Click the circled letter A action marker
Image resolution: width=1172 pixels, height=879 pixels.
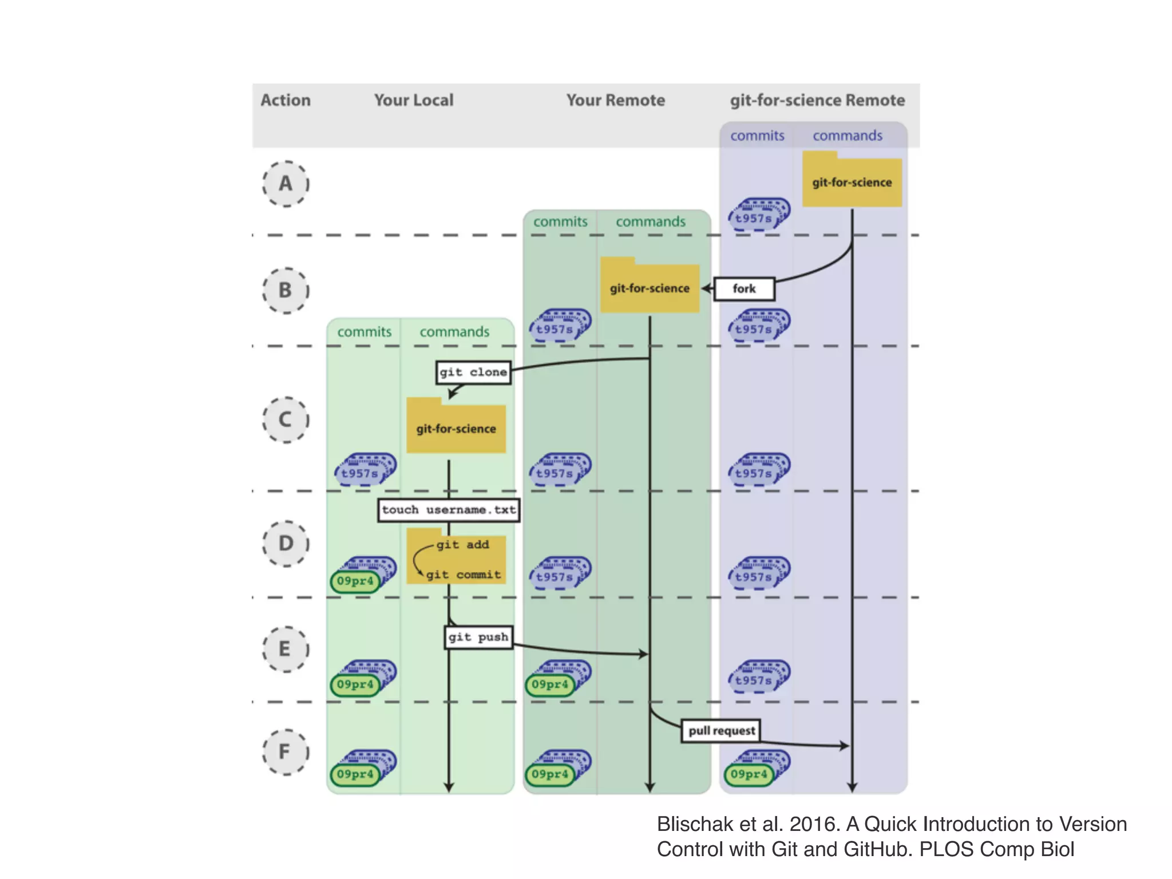(x=286, y=184)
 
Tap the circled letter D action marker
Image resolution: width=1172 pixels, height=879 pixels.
(x=286, y=543)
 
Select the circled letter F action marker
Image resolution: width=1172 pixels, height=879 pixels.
(x=286, y=752)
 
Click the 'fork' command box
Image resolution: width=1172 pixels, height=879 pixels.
(x=745, y=289)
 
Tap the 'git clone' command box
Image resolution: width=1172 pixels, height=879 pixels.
(x=473, y=373)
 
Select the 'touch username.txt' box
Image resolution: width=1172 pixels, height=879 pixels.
(x=449, y=510)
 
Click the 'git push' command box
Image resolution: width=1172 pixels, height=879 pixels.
(x=478, y=638)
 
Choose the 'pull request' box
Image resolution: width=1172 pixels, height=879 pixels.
(x=721, y=731)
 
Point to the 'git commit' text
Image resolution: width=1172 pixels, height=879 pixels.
(x=464, y=575)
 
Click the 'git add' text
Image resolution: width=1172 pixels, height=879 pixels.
(x=462, y=545)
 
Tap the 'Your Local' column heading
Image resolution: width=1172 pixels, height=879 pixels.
(x=414, y=100)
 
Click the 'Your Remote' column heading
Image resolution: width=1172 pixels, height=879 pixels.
(x=616, y=100)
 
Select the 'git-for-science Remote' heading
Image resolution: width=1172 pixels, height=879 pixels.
(x=817, y=100)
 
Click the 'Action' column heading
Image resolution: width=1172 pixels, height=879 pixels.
(x=286, y=100)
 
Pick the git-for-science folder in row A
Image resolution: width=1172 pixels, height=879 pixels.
(x=852, y=182)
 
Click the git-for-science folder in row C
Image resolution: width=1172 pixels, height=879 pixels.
(x=456, y=429)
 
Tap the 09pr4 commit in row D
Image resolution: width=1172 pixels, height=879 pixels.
(x=355, y=581)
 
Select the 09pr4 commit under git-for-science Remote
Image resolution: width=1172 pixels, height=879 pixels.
(x=749, y=774)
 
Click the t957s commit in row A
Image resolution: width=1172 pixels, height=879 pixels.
(x=754, y=218)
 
